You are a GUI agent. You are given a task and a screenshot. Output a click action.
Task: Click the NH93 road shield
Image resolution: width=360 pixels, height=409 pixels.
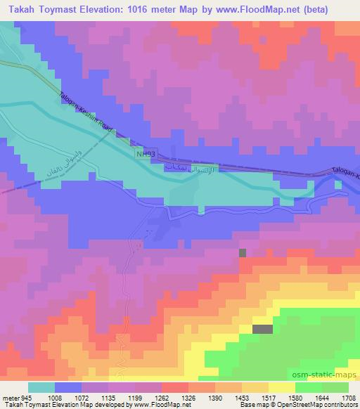tap(143, 153)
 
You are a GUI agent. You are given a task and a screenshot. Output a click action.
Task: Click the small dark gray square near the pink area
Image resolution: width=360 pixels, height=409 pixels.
tap(243, 252)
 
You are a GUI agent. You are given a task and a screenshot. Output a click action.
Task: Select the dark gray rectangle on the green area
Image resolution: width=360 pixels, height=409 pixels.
tap(262, 329)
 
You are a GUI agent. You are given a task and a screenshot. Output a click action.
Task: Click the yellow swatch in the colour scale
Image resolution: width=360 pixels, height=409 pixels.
tap(281, 388)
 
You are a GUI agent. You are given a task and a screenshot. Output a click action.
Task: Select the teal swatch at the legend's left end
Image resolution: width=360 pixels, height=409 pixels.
tap(41, 388)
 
